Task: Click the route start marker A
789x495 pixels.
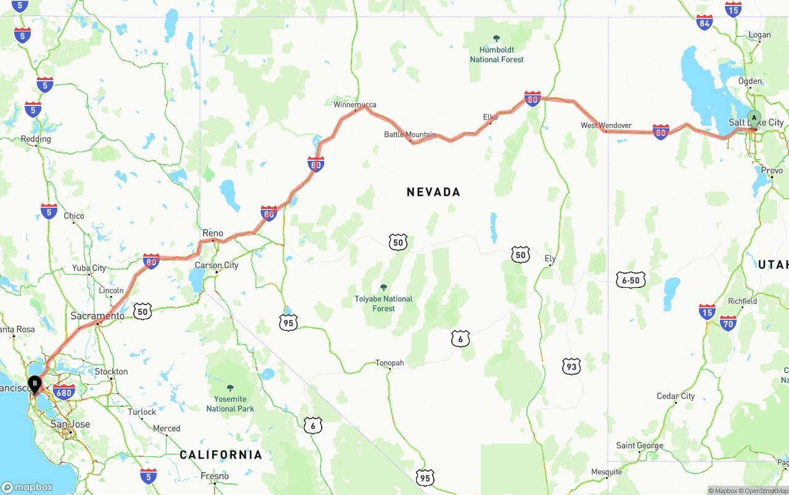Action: coord(753,118)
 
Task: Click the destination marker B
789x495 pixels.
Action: coord(35,384)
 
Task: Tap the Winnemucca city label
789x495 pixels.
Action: coord(355,104)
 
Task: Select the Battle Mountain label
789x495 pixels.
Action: coord(410,134)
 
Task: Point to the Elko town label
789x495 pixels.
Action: coord(491,117)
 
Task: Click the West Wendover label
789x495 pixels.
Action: coord(606,125)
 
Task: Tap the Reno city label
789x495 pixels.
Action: coord(213,233)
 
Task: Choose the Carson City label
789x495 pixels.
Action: coord(216,265)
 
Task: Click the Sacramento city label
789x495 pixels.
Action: coord(97,316)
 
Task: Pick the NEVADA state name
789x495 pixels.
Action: coord(433,192)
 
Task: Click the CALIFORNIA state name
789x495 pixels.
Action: coord(221,455)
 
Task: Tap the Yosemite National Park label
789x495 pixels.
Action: coord(231,403)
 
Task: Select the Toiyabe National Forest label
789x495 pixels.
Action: coord(383,303)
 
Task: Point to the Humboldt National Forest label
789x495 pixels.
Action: coord(497,54)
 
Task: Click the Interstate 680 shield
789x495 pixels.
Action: coord(65,391)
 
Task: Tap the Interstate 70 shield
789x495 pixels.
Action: coord(728,322)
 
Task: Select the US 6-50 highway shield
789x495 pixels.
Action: coord(631,280)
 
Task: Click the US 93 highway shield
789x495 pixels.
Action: coord(571,367)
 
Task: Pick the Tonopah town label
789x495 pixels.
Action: coord(390,363)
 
